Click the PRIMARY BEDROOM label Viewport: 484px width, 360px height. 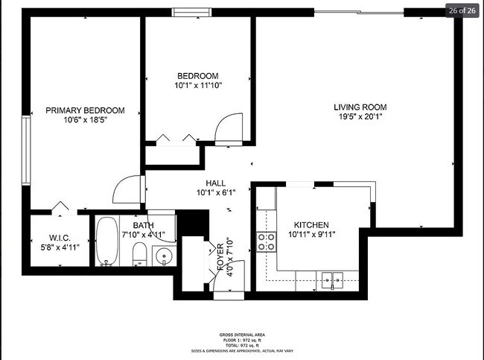[85, 110]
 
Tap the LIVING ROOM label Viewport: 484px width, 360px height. [360, 107]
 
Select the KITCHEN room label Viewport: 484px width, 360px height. [311, 225]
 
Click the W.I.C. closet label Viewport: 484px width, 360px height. [60, 239]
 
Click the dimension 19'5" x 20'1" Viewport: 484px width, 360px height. [360, 116]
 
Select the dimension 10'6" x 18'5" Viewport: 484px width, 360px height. [85, 120]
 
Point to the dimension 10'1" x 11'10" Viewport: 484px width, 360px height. [197, 86]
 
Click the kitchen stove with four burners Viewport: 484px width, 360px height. [266, 240]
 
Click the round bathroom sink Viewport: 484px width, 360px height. [164, 255]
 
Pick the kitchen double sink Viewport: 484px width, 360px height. [333, 280]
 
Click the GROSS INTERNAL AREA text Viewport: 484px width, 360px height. [242, 335]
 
